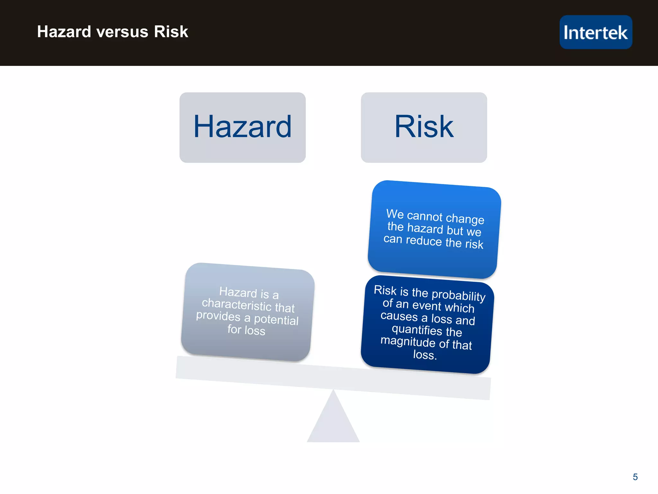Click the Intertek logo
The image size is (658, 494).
coord(595,32)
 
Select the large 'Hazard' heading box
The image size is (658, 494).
coord(242,127)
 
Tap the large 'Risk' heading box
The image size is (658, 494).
coord(423,127)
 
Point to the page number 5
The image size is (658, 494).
coord(635,477)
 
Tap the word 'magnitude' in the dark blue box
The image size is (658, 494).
coord(408,341)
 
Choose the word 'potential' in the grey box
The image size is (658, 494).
coord(276,320)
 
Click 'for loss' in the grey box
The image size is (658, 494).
coord(246,330)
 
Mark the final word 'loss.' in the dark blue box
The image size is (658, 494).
coord(425,355)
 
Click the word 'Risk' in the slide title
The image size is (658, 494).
coord(171,32)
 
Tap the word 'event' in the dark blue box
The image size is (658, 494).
coord(427,305)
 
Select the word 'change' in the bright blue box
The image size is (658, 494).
coord(465,218)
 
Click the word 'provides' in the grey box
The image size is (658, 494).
coord(218,316)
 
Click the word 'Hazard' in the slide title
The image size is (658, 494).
coord(64,32)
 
